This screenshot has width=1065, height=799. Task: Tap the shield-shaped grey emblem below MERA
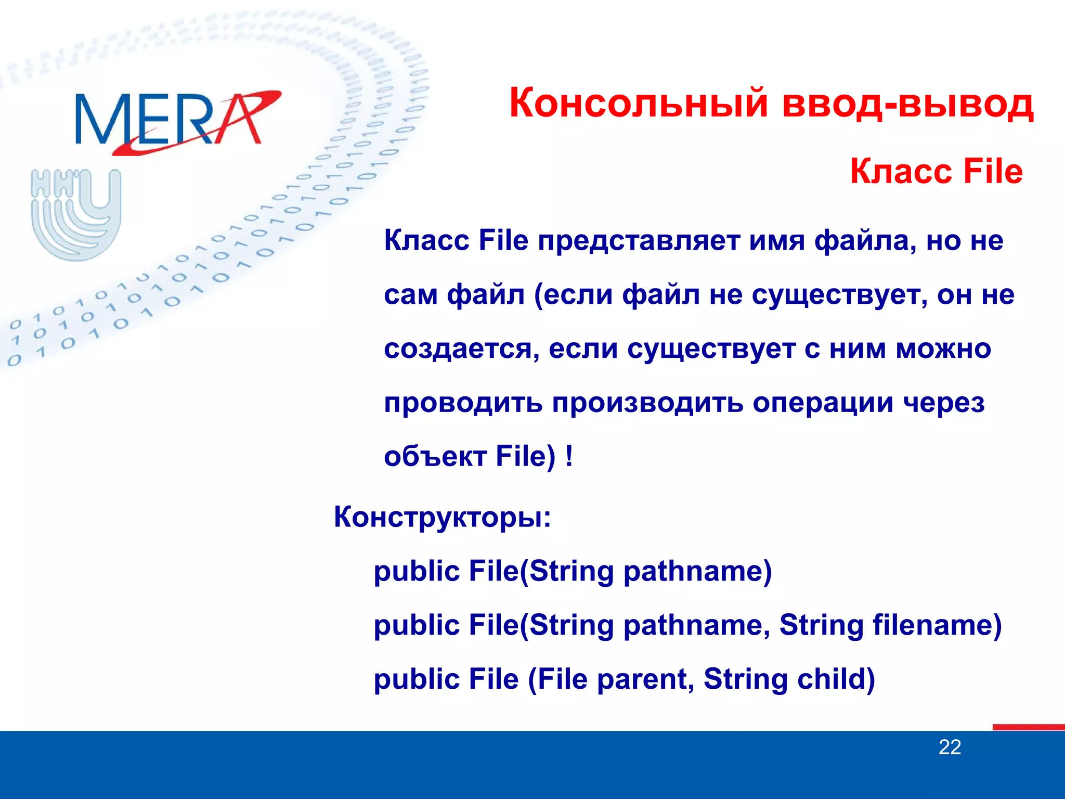click(76, 214)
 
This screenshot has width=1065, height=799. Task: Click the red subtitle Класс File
click(936, 172)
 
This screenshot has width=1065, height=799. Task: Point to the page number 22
click(950, 748)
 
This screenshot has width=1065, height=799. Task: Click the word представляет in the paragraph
click(639, 241)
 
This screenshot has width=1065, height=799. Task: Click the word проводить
click(463, 404)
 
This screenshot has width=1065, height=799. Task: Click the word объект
click(435, 457)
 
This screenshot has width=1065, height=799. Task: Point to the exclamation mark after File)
click(569, 457)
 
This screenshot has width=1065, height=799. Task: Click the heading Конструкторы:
click(442, 518)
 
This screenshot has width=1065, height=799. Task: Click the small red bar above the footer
click(1028, 727)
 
